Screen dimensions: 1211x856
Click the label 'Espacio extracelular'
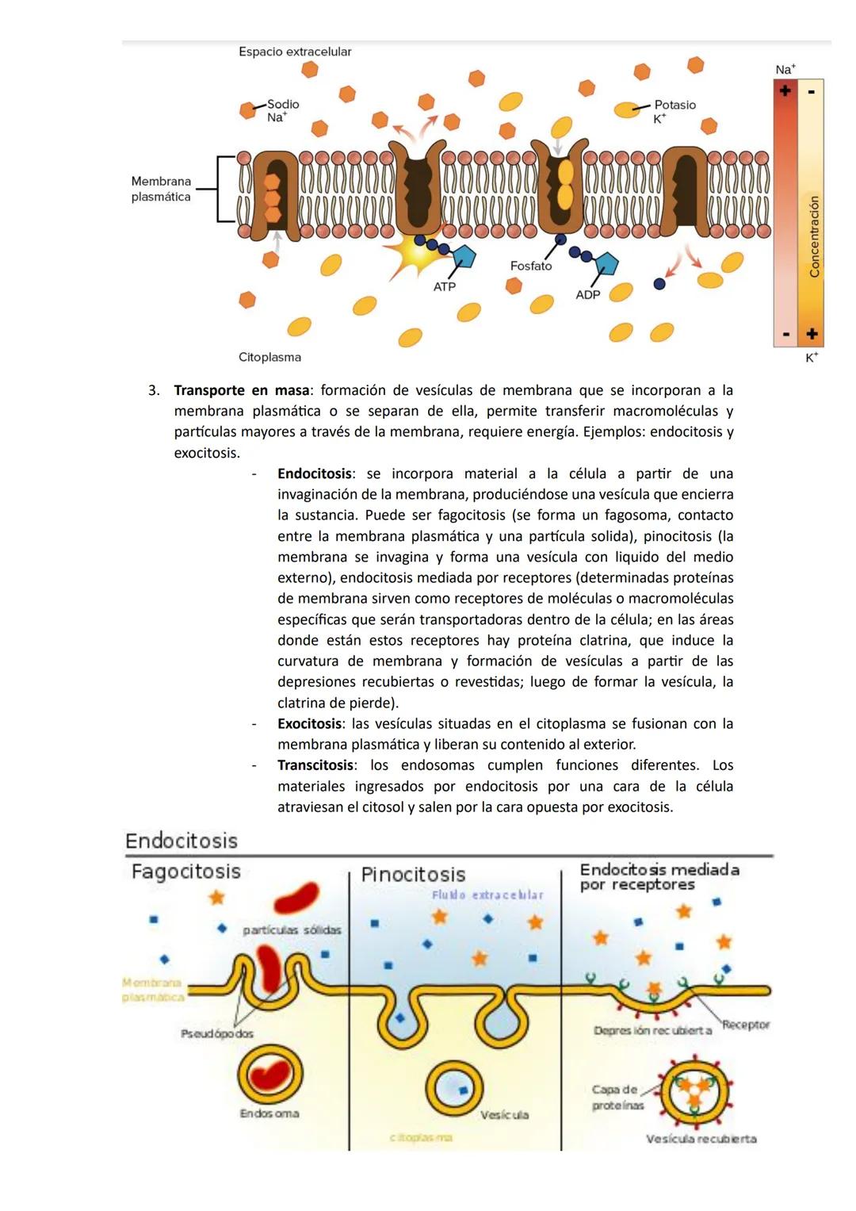[295, 52]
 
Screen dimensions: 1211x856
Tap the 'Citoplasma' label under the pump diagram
[269, 357]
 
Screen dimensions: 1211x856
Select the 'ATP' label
[444, 286]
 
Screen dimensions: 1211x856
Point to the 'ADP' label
[587, 294]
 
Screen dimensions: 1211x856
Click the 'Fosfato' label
[530, 266]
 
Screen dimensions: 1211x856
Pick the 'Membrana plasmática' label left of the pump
[161, 189]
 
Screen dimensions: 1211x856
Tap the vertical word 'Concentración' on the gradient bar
[814, 236]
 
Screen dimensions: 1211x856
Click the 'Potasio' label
[674, 105]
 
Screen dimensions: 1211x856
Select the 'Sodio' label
[283, 104]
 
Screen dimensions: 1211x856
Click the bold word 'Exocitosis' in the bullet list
[310, 723]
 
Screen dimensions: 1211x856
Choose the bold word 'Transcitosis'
[315, 765]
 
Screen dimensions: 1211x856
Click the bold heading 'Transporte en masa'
[241, 390]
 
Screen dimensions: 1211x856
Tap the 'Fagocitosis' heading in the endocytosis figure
[185, 872]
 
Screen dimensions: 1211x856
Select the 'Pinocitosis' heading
[413, 875]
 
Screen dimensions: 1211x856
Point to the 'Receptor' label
[746, 1025]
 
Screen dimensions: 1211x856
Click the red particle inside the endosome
[269, 1075]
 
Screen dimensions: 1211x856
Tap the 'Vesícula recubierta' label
[701, 1139]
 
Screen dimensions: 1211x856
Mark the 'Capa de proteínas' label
[617, 1097]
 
